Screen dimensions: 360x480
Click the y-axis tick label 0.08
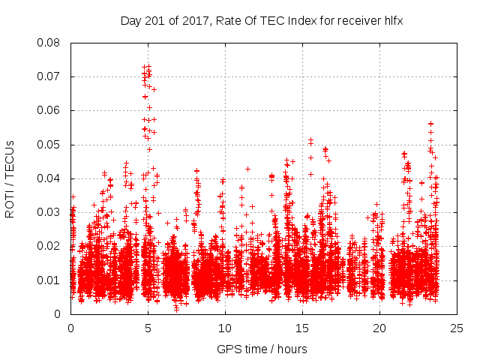coord(49,43)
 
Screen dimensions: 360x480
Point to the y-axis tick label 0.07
coord(49,76)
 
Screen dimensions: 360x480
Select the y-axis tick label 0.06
coord(49,110)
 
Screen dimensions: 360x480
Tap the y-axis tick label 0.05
coord(49,144)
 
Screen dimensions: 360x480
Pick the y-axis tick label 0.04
coord(49,178)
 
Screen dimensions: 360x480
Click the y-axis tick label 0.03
coord(49,212)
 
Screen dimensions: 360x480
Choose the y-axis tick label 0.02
coord(49,246)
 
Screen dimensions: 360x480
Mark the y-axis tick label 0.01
coord(49,280)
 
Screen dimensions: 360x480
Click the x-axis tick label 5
coord(148,328)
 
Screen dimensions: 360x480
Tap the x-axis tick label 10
coord(225,328)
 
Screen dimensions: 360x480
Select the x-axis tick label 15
coord(302,328)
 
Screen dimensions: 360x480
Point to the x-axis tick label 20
coord(379,328)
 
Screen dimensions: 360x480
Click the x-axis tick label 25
coord(457,328)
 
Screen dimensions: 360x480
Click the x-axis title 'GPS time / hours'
coord(263,349)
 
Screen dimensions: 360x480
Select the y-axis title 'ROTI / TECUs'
coord(10,178)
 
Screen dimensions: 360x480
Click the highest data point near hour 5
coord(148,66)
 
